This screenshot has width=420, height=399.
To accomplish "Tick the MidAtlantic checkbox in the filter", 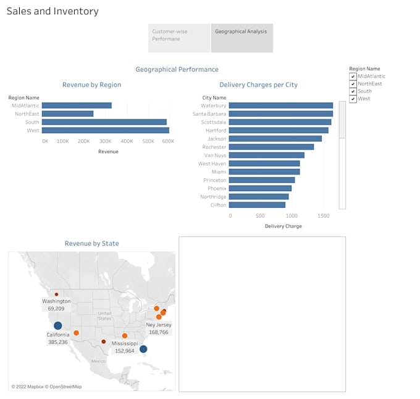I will click(x=353, y=77).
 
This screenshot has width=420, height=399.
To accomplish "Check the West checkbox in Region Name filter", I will click(x=353, y=99).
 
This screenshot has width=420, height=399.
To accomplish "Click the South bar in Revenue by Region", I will click(x=104, y=122).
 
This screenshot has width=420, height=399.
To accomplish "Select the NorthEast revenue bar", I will click(x=67, y=114).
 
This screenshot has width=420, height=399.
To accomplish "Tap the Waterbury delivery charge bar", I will click(x=280, y=106).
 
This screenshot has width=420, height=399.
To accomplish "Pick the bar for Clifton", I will click(x=257, y=205).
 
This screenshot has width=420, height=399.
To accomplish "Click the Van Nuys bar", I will click(x=266, y=155).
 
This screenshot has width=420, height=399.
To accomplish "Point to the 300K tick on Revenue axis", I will click(x=106, y=141).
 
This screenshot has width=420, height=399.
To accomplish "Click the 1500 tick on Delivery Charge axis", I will click(x=323, y=216).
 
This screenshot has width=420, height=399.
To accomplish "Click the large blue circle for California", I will click(x=57, y=325).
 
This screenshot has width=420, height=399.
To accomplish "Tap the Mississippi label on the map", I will click(x=125, y=343).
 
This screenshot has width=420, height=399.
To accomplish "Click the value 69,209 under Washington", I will click(x=56, y=308).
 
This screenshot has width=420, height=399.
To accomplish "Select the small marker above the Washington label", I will click(x=56, y=294).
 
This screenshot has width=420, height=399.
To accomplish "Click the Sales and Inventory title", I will click(x=52, y=11).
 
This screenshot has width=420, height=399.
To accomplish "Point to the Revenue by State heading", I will click(x=91, y=244).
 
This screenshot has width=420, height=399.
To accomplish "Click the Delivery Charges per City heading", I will click(x=258, y=85).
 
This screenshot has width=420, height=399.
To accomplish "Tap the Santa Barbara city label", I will click(x=209, y=114).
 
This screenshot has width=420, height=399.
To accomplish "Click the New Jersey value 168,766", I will click(x=158, y=332).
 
